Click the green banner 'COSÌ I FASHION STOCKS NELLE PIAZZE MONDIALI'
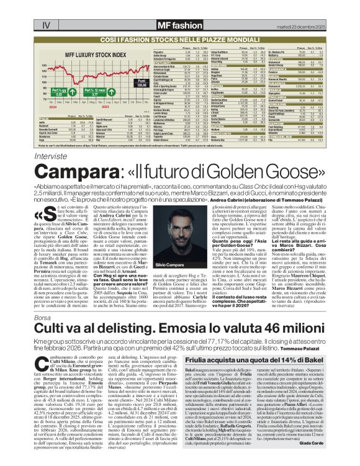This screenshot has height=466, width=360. coord(180,38)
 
